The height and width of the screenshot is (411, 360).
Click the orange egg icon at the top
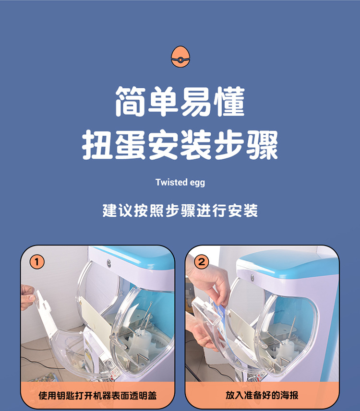180,56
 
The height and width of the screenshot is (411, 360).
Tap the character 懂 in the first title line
228,102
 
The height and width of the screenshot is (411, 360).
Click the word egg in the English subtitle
198,183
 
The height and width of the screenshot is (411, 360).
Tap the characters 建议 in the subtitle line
117,211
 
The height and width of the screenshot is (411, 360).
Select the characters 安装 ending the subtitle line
243,211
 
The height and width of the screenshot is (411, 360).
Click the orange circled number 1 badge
37,262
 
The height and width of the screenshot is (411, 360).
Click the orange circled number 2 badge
202,262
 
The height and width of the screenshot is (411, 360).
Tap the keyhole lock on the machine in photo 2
252,278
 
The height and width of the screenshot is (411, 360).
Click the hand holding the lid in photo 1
28,296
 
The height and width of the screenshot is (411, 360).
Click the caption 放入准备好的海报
262,395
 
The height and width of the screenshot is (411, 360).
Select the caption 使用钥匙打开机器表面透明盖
97,396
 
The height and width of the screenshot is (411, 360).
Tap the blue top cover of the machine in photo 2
288,261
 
